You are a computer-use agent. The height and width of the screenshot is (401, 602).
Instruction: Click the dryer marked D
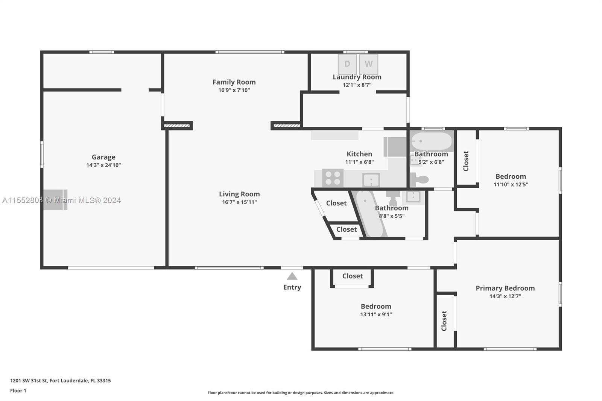(347, 64)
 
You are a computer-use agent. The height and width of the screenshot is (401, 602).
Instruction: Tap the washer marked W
(369, 64)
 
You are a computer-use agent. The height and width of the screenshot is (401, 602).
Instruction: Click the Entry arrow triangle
(292, 276)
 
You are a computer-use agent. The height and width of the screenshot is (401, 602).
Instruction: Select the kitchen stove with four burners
(333, 178)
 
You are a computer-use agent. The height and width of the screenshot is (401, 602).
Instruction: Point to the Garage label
(103, 157)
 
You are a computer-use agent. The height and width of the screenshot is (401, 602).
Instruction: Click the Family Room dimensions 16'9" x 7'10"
(234, 90)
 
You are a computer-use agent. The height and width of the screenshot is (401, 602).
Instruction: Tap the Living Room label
(239, 194)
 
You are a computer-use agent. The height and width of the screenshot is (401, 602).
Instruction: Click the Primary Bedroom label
(505, 289)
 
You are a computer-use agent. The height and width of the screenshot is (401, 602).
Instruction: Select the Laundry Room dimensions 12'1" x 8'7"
(357, 85)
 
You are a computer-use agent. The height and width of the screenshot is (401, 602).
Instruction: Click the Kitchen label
(359, 154)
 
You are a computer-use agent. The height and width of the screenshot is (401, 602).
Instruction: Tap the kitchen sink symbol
(371, 180)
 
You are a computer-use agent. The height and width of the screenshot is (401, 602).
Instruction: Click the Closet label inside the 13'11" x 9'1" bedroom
(352, 276)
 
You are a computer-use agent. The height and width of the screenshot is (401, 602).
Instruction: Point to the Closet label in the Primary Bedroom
(444, 321)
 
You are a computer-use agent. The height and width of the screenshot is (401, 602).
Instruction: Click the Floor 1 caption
(18, 391)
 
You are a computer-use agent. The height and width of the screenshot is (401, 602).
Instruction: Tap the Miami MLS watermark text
(62, 200)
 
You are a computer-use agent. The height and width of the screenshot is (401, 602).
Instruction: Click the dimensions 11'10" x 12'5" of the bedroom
(511, 185)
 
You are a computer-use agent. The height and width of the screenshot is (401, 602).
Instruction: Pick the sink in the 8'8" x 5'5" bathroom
(413, 197)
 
